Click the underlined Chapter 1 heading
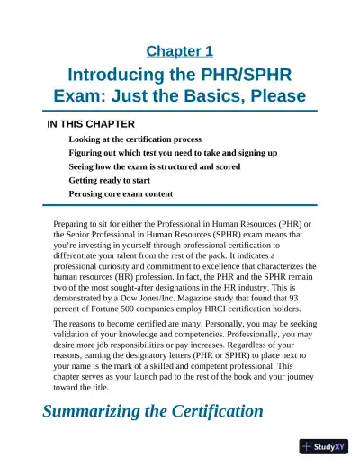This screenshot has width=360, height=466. pos(179,51)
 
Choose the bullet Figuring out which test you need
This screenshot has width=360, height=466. pos(160,153)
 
